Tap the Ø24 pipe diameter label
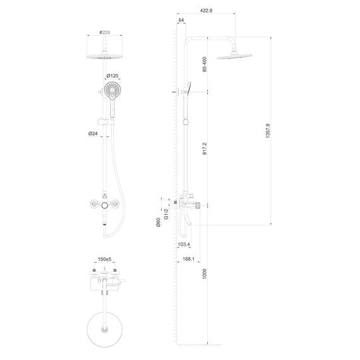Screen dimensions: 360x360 [x=92, y=133]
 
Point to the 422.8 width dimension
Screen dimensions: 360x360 [x=206, y=10]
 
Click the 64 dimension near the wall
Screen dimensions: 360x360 [x=182, y=21]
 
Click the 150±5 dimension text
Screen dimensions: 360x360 [x=105, y=260]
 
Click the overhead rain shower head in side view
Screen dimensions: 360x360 [x=234, y=56]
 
